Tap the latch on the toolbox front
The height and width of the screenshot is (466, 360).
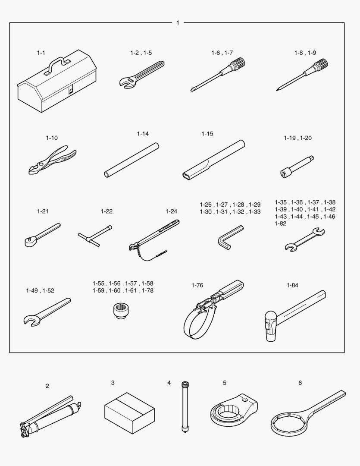(71, 90)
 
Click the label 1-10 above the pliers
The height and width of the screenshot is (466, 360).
(52, 138)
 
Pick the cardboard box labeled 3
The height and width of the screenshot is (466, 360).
(129, 413)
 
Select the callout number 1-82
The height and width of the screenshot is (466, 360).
(280, 224)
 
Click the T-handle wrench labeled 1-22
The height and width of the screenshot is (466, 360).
(95, 236)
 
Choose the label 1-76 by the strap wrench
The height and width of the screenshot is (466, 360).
(197, 285)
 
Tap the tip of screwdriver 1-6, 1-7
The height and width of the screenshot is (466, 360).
(192, 90)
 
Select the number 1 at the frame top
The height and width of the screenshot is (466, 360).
(178, 22)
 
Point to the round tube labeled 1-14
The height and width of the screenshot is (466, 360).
(131, 160)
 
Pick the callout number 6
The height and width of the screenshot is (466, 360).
(300, 383)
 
